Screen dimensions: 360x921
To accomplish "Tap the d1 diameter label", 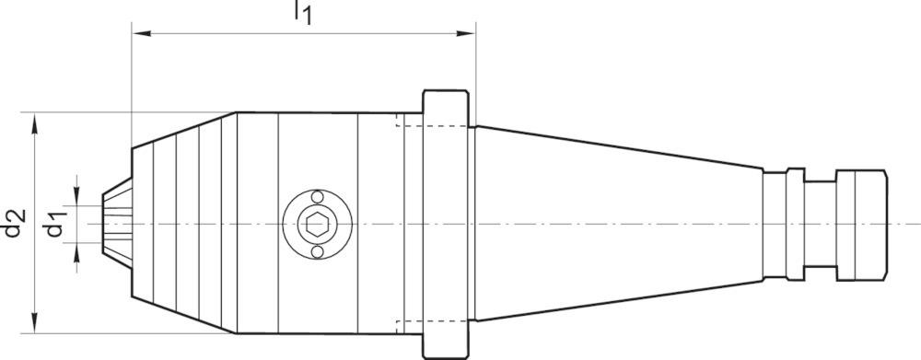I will (x=57, y=224).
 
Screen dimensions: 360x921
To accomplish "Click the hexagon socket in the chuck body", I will (x=317, y=224).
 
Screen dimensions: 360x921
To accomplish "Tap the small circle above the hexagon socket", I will (x=317, y=197).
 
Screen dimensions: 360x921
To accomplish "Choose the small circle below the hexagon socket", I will (x=317, y=251).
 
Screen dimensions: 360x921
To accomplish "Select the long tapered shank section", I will (x=617, y=224).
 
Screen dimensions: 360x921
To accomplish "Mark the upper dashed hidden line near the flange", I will (x=409, y=125).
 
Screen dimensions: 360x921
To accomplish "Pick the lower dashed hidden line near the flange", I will (x=409, y=322).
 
